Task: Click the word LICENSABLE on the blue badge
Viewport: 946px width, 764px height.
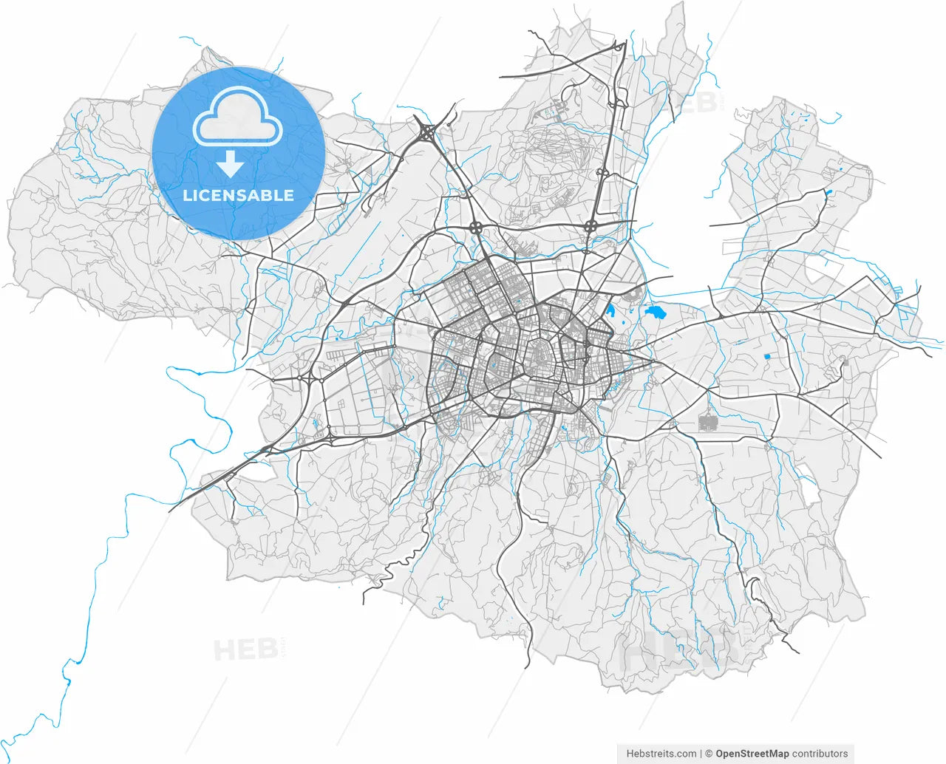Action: pos(238,195)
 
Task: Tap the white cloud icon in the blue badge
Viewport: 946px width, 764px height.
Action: pos(237,118)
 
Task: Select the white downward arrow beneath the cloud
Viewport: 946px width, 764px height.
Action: pos(231,164)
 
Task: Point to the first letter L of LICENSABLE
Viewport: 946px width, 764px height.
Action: pos(187,195)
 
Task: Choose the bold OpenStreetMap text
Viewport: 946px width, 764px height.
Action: pos(752,754)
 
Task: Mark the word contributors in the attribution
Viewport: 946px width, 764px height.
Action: pos(820,754)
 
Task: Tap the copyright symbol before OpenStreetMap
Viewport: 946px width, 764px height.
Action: pos(709,754)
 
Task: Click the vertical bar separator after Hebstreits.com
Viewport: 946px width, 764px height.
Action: pos(701,754)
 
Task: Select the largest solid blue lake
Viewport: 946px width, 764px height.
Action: pos(656,313)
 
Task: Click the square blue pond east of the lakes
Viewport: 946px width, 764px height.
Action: pos(766,357)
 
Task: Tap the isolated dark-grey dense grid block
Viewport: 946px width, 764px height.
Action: pos(708,423)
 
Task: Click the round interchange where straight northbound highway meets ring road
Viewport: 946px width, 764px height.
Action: pos(591,225)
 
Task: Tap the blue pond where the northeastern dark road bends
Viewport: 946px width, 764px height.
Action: pos(828,193)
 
